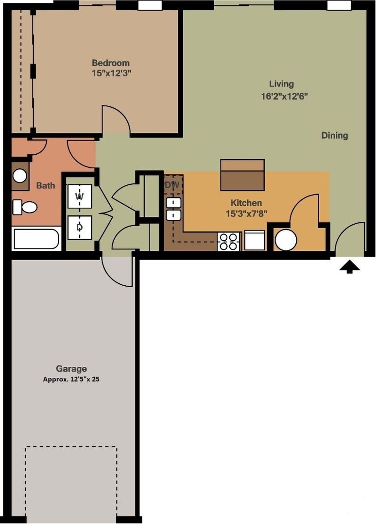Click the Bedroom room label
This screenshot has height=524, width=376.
pyautogui.click(x=111, y=63)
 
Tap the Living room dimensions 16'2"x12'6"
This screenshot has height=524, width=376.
pyautogui.click(x=284, y=96)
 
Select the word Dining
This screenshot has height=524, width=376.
pyautogui.click(x=335, y=136)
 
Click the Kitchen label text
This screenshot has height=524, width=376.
pyautogui.click(x=246, y=203)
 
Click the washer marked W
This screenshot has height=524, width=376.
pyautogui.click(x=79, y=196)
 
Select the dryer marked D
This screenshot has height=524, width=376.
pyautogui.click(x=79, y=227)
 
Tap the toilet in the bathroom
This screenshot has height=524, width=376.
pyautogui.click(x=25, y=207)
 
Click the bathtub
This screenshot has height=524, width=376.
pyautogui.click(x=36, y=239)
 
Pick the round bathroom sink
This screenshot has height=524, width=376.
pyautogui.click(x=20, y=176)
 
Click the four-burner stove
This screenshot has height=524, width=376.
pyautogui.click(x=228, y=241)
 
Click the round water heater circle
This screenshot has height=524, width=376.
pyautogui.click(x=286, y=240)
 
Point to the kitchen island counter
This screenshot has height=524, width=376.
pyautogui.click(x=242, y=175)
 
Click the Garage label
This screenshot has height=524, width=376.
pyautogui.click(x=71, y=369)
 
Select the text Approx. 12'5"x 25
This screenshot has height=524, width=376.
pyautogui.click(x=71, y=379)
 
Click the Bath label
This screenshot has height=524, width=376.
pyautogui.click(x=46, y=185)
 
